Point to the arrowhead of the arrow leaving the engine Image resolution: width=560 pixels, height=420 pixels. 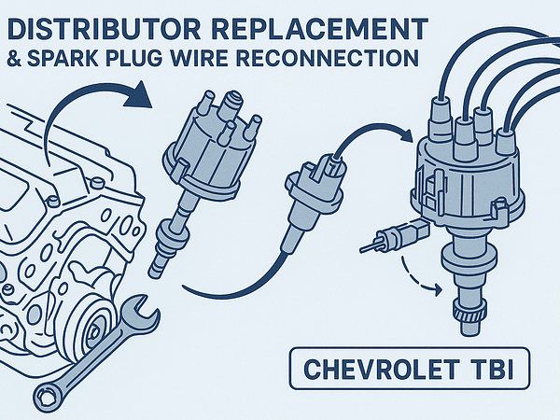pos(139,94)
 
